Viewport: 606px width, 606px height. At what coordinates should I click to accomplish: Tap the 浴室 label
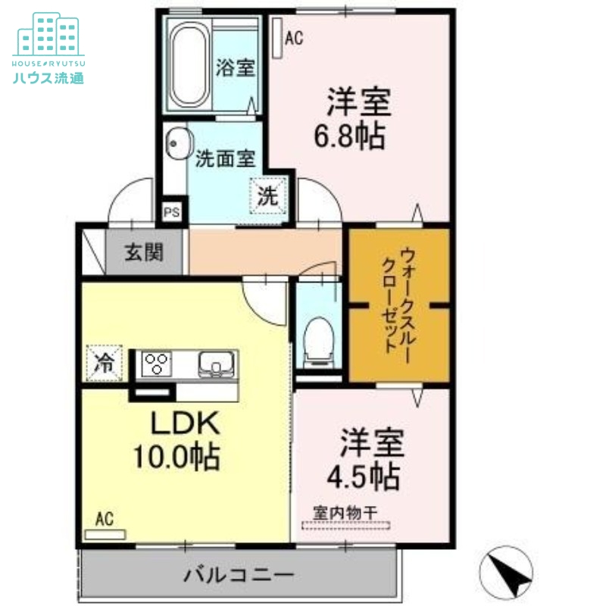coord(234,67)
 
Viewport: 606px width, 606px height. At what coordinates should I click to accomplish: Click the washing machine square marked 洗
coord(270,195)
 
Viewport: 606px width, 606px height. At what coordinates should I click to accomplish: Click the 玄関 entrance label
coord(143,252)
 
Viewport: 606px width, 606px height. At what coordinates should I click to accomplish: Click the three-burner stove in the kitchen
coord(156,363)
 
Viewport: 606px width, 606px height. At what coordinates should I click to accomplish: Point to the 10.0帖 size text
coord(176,456)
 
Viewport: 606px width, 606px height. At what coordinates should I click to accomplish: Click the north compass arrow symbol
coord(506,571)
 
